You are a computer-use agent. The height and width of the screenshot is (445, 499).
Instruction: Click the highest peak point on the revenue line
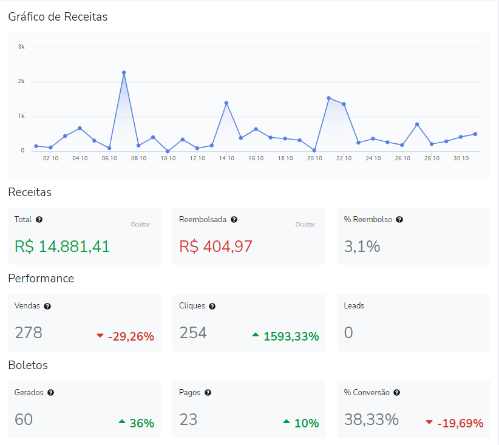124,73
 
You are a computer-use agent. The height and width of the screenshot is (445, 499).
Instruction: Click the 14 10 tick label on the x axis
226,158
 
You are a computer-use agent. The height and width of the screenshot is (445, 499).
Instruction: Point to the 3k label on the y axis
21,47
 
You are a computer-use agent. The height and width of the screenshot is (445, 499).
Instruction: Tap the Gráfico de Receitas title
58,17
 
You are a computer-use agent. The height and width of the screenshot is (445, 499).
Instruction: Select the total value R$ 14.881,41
62,246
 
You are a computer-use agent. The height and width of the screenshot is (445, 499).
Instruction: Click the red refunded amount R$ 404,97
216,246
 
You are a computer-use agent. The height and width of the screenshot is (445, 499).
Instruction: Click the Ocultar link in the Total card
140,225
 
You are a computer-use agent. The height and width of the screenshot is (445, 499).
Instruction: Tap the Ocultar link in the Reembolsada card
305,225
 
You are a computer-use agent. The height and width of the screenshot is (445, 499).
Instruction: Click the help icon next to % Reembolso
399,220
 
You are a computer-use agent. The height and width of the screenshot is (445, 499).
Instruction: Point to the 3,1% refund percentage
362,246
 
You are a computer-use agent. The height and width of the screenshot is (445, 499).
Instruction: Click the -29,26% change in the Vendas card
131,336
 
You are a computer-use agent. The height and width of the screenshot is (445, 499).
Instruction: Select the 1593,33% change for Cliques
291,336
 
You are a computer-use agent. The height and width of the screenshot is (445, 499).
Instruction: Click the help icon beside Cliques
212,306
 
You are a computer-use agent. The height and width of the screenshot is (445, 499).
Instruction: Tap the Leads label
354,306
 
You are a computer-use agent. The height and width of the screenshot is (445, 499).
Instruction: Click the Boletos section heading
28,365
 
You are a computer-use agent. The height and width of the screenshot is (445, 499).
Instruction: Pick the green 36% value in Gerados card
141,423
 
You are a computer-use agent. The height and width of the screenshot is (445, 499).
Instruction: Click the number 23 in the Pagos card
188,420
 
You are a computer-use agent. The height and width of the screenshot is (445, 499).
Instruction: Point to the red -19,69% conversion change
460,423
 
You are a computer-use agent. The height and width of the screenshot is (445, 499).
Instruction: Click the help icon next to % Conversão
397,393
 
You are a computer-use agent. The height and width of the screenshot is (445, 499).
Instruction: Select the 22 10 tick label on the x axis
344,158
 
